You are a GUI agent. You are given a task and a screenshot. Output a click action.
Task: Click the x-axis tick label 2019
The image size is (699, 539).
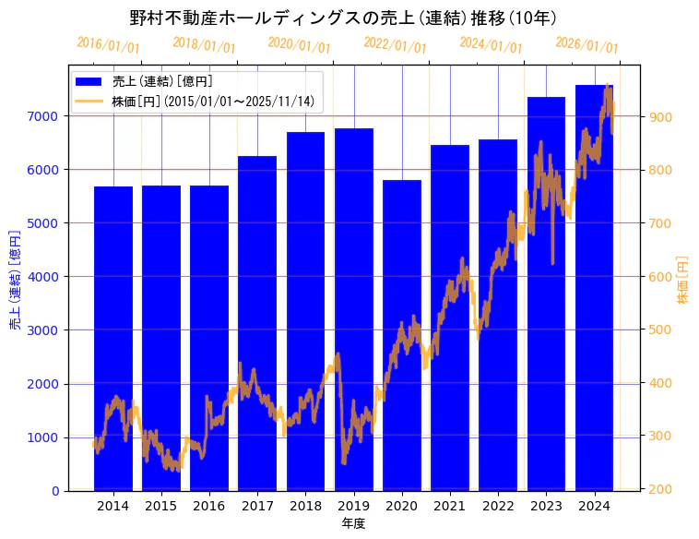pos(354,506)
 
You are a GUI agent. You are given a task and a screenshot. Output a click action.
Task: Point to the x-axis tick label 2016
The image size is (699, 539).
pos(209,506)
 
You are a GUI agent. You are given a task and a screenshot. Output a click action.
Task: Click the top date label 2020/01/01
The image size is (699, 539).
pos(299,45)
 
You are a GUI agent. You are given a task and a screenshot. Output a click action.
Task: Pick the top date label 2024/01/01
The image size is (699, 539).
pos(491,45)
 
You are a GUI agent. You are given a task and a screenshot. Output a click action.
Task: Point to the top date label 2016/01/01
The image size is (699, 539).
pos(108,45)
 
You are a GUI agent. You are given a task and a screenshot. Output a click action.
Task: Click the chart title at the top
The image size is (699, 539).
pos(343,18)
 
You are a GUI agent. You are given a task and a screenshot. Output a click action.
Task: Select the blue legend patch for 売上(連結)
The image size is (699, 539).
pos(91,82)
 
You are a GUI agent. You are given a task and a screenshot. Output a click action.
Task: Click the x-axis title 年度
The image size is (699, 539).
pos(354,523)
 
